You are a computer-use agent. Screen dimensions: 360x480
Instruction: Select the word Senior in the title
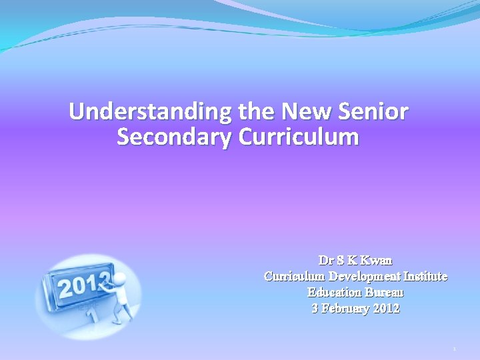(374, 111)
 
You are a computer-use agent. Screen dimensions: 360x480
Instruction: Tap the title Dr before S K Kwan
(326, 260)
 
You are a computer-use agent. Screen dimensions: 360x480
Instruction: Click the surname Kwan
(377, 260)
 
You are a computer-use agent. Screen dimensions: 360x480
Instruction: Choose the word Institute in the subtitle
(424, 276)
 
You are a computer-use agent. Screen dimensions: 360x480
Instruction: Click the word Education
(333, 292)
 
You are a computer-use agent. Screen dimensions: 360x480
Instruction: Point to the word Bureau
(383, 292)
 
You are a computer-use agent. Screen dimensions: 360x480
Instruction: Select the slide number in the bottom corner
(453, 349)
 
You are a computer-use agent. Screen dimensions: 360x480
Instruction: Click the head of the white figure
(120, 279)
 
